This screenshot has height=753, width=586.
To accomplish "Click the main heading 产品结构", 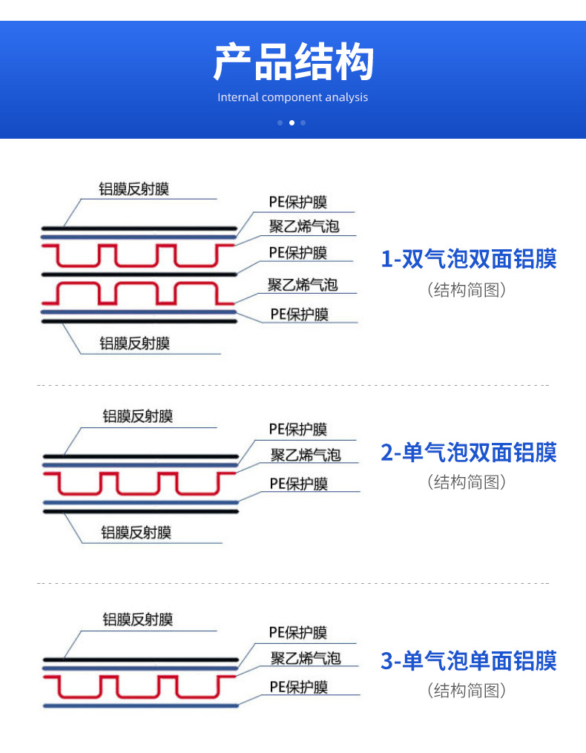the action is click(x=293, y=62).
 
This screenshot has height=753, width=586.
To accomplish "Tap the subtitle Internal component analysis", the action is click(x=293, y=97).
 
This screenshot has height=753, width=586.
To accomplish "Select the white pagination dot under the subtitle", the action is click(x=292, y=122).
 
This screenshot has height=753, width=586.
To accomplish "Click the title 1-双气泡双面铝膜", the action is click(x=468, y=259).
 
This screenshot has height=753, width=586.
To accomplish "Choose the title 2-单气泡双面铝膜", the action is click(x=468, y=452).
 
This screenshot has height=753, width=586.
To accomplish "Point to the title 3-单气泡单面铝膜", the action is click(x=468, y=660).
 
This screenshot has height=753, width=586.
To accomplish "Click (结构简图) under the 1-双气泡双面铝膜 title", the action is click(x=467, y=289).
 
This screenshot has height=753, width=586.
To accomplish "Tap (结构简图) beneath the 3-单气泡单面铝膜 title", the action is click(x=467, y=691).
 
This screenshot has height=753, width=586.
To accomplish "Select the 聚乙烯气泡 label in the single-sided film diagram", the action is click(x=305, y=658).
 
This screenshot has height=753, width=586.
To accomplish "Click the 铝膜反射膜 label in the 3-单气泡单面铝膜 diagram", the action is click(x=137, y=619).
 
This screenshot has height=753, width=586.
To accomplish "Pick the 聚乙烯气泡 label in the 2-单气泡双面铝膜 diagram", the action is click(x=305, y=455).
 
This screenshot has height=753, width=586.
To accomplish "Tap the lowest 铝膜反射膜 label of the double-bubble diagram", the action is click(x=135, y=343).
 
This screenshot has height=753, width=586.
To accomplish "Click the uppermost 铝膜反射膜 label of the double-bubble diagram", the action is click(x=134, y=189).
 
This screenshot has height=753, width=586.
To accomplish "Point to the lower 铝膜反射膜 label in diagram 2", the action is click(x=136, y=532).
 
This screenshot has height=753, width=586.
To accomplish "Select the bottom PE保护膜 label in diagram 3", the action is click(x=298, y=687).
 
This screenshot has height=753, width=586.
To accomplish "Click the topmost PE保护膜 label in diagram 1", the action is click(x=298, y=203).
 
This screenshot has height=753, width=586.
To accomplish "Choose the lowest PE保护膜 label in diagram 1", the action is click(x=299, y=314).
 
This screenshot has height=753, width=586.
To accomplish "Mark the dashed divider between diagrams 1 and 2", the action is click(x=293, y=386).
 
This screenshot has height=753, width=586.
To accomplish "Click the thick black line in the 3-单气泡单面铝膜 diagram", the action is click(x=141, y=660).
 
